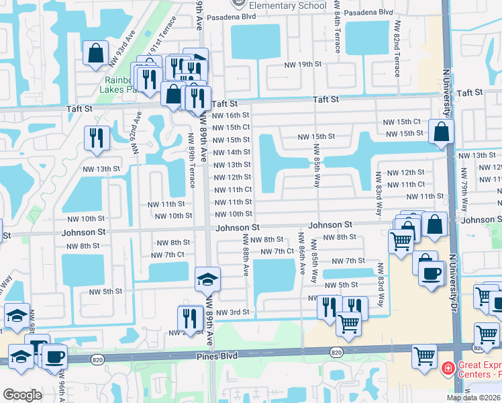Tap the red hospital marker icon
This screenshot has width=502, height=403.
447,369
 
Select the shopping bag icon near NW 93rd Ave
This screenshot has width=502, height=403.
96,52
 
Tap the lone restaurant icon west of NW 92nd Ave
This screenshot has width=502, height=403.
97,138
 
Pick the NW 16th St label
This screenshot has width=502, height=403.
231,115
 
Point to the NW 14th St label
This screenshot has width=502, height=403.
231,152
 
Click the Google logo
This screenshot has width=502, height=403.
22,395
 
